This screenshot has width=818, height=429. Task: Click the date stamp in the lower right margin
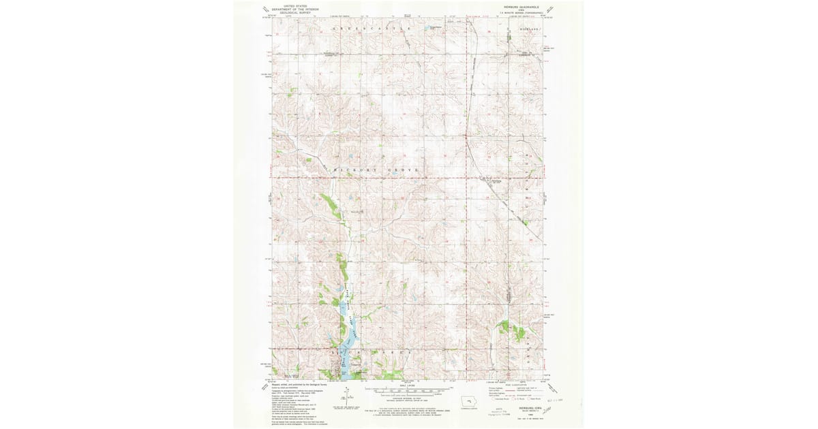click(558, 392)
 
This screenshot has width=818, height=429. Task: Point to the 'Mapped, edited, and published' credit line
click(300, 384)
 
